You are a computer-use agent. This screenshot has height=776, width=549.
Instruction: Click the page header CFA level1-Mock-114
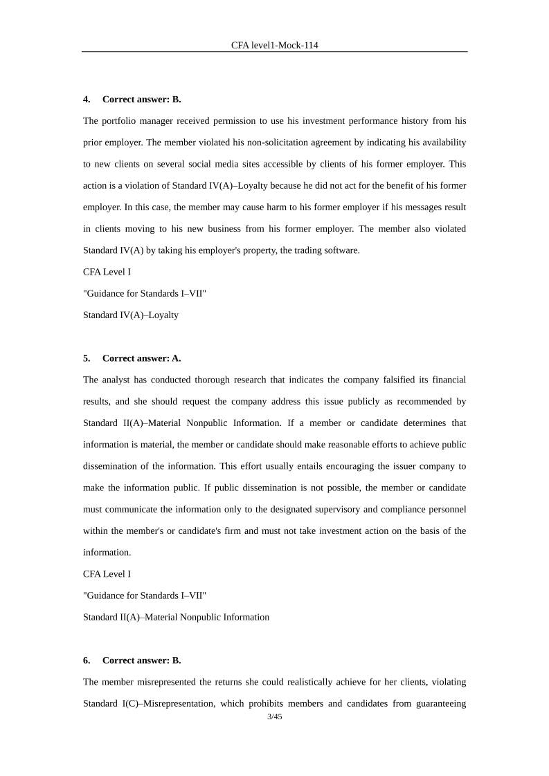(x=274, y=45)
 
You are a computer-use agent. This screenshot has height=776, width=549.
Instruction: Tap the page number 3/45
(x=274, y=717)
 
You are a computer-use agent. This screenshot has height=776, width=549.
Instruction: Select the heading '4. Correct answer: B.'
(x=132, y=99)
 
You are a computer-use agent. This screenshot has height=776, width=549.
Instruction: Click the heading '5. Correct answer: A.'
(x=132, y=358)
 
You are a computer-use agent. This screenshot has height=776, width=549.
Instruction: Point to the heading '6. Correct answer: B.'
(x=132, y=660)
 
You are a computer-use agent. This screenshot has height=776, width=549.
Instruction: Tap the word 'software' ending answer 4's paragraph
(x=341, y=250)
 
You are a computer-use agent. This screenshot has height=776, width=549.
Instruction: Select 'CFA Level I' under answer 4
(x=107, y=272)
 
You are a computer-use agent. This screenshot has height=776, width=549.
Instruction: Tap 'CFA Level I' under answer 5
(x=107, y=574)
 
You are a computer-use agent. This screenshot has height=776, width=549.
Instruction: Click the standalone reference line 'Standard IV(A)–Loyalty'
(x=131, y=315)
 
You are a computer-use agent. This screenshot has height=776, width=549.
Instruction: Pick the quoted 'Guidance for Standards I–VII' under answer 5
(x=144, y=595)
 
